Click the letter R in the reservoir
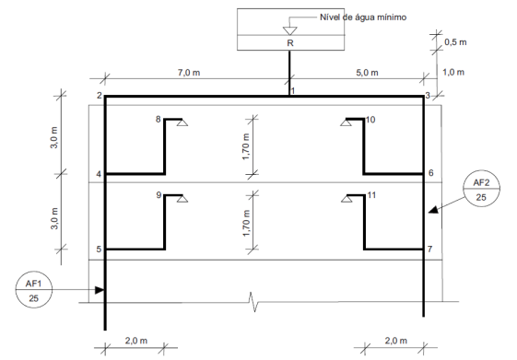290,43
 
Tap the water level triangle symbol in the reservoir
290,31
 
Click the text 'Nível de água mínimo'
363,17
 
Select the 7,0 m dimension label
189,73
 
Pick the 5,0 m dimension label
367,73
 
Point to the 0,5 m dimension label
455,42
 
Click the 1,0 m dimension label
453,72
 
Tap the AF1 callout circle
34,289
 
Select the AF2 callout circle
481,189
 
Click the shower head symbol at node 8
182,122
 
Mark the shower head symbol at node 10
346,122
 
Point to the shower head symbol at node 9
182,199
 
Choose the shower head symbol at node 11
347,199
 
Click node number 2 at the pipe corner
100,96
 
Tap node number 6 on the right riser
431,172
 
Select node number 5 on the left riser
99,250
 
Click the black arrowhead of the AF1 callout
100,290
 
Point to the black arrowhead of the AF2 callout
433,210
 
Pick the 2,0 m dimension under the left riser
136,341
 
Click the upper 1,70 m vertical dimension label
246,146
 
